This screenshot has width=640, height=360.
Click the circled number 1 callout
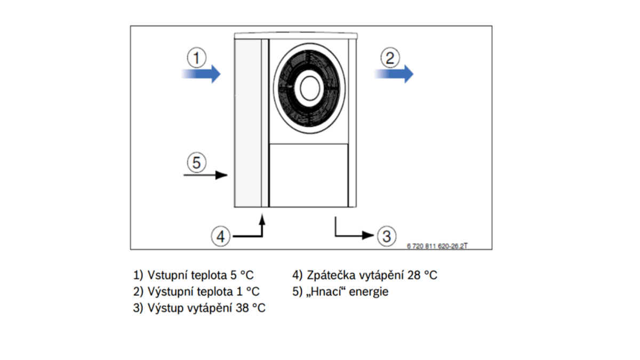[197, 58]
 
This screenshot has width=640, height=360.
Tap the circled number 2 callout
[390, 58]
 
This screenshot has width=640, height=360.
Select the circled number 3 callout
[387, 236]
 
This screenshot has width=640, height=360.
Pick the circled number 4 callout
[221, 236]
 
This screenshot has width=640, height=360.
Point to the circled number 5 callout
[197, 162]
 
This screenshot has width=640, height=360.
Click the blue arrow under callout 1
[201, 74]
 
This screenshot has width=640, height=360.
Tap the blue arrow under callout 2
[394, 74]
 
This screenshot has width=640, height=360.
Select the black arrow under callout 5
[205, 175]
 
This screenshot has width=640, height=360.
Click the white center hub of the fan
[310, 89]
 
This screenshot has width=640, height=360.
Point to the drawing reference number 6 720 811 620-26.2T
[437, 246]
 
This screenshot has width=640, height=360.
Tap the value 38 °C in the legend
[251, 308]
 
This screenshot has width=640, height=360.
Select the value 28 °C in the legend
[422, 275]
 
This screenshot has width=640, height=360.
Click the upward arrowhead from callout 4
[262, 219]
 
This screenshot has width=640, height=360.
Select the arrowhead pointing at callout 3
[368, 235]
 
